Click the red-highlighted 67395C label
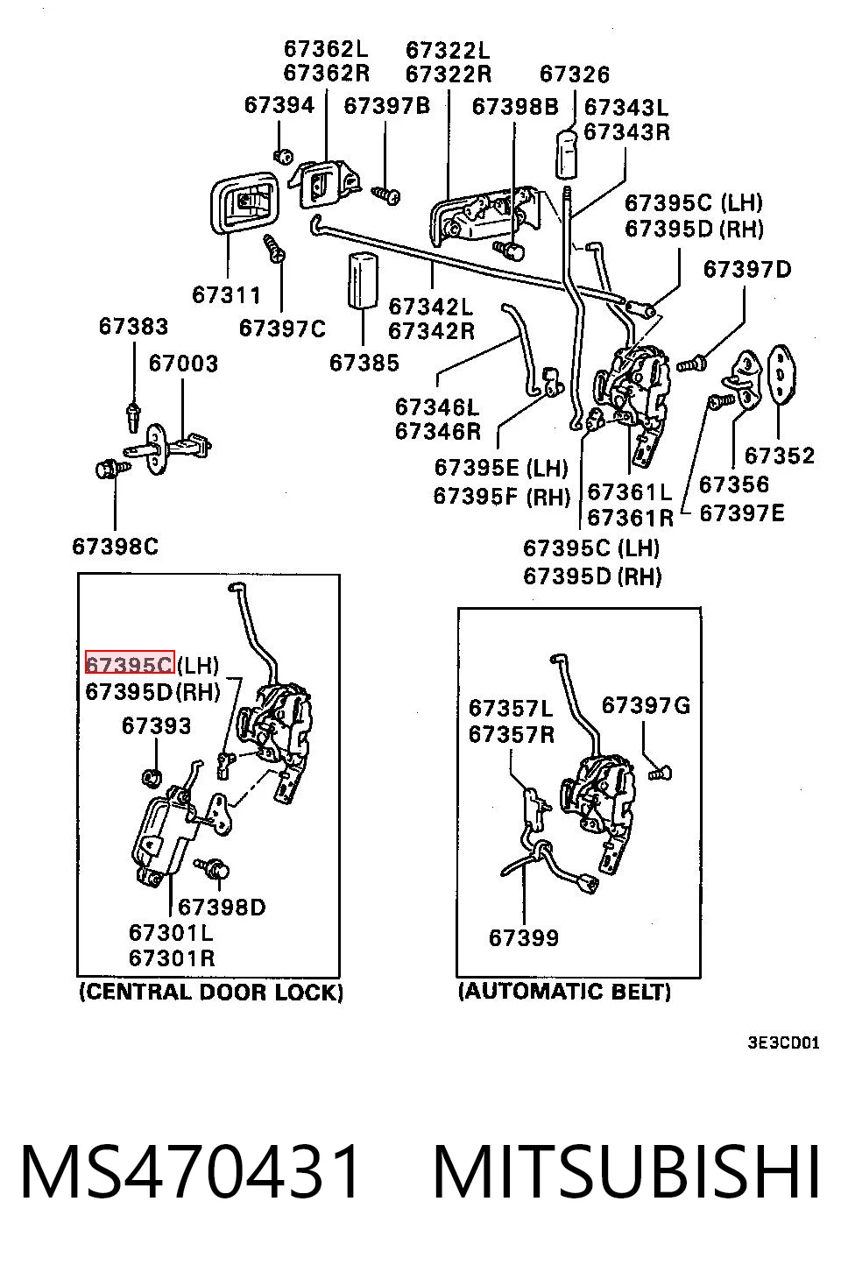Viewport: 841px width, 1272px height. point(130,662)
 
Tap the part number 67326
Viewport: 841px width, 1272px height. point(574,74)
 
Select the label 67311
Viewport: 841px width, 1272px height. point(226,295)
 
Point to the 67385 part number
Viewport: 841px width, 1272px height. point(364,363)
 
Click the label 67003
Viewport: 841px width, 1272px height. point(183,364)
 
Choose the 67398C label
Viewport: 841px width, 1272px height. point(116,547)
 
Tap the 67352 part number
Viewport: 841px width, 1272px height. point(779,456)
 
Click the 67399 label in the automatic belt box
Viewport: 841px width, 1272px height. point(524,938)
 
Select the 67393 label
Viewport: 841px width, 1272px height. point(156,726)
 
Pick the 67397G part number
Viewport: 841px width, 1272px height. point(646,705)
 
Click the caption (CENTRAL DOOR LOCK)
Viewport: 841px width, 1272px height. point(210,992)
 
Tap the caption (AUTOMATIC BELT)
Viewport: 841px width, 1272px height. point(564,992)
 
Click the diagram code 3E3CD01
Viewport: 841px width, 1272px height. point(784,1042)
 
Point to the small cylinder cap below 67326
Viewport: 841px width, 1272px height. point(566,154)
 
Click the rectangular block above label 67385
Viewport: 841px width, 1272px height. point(363,280)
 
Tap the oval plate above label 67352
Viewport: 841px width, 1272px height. point(781,374)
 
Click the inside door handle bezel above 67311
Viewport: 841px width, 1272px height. point(244,202)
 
